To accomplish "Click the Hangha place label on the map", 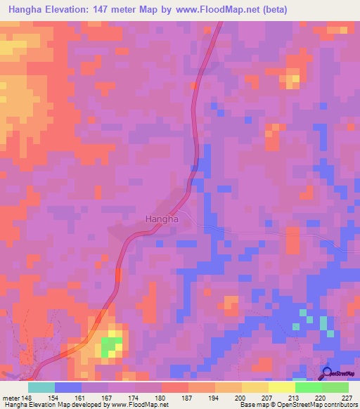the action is coord(161,219).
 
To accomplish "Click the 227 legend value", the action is coord(346,397).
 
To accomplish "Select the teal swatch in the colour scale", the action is coord(41,387).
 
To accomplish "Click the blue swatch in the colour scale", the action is coord(68,387).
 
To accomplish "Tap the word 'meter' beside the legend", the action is coord(12,397).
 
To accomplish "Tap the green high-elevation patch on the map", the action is coord(108,345).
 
